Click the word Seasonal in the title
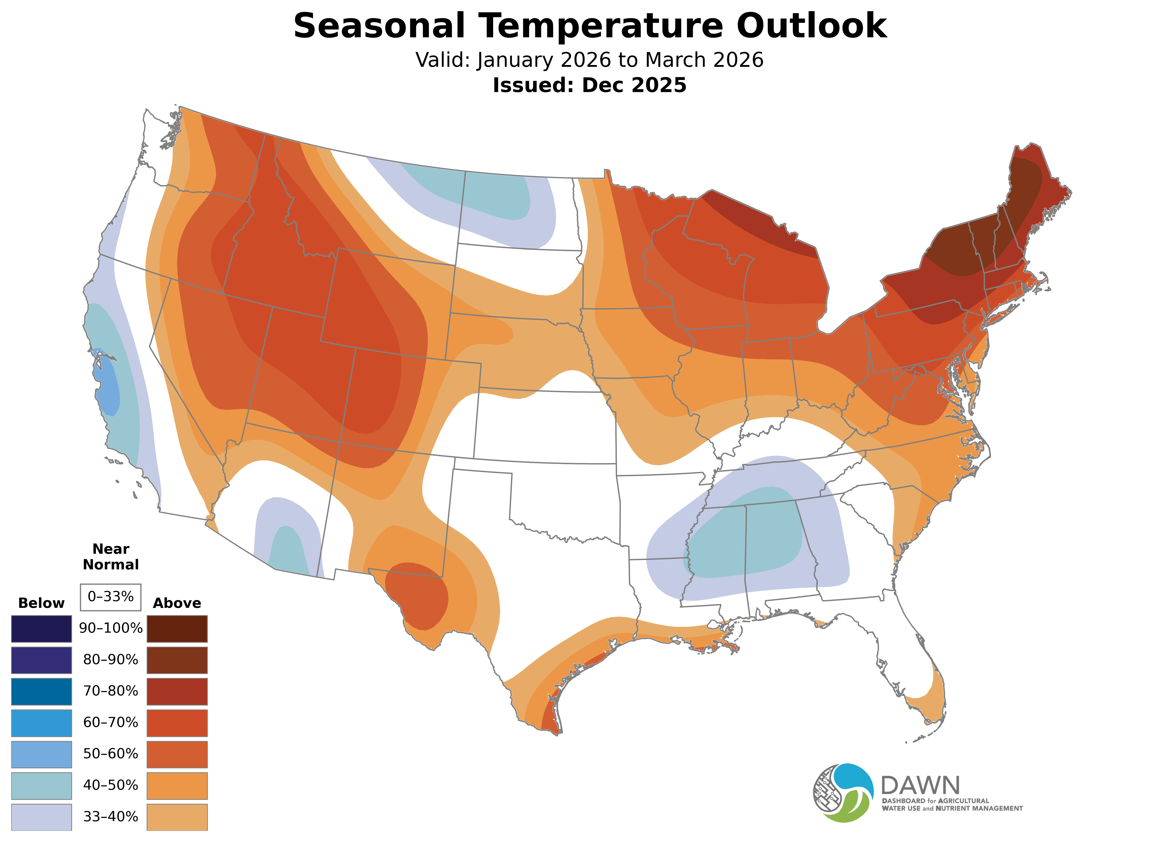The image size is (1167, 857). coord(379,26)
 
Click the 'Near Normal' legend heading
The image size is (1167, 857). coord(110,557)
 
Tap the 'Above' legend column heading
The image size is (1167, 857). coord(177,603)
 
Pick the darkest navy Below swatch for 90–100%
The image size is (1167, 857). coord(42,629)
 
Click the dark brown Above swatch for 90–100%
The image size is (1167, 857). coord(177,629)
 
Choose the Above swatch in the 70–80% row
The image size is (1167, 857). coord(177,691)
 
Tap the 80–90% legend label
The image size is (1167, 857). coord(110,660)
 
